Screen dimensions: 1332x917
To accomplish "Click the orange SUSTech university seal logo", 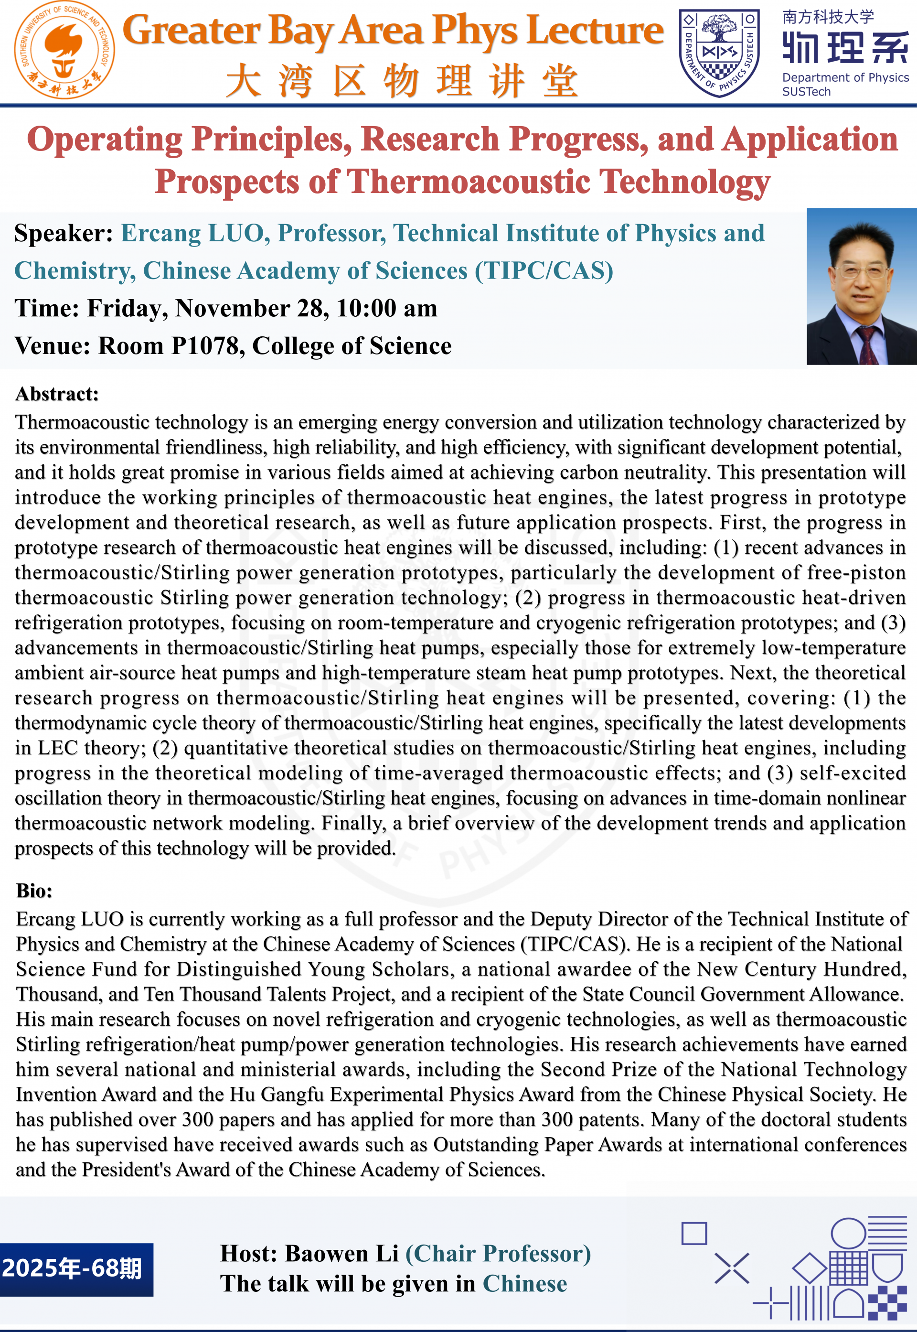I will point(64,51).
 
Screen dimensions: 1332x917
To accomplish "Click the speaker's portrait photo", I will point(861,286).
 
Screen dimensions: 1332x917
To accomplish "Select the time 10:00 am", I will point(387,309).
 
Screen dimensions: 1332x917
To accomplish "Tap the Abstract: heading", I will point(57,394).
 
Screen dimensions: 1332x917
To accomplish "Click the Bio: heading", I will point(34,891).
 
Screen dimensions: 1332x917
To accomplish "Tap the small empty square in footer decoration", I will point(694,1233).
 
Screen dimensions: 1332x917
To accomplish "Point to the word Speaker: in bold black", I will point(63,233).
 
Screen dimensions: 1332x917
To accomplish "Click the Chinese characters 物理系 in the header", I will point(844,48).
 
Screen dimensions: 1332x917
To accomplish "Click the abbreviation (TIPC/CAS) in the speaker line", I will point(544,271).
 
